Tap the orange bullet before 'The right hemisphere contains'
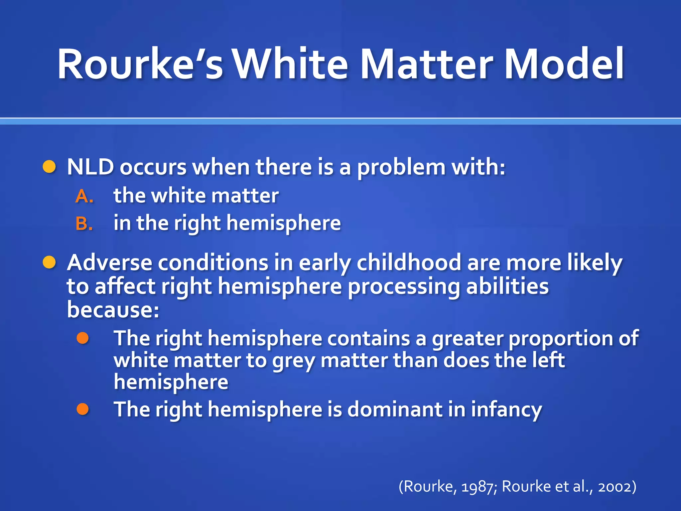pos(83,338)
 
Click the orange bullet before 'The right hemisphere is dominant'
pos(83,409)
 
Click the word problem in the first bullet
pos(401,167)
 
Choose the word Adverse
pos(109,263)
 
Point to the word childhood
pos(409,263)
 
